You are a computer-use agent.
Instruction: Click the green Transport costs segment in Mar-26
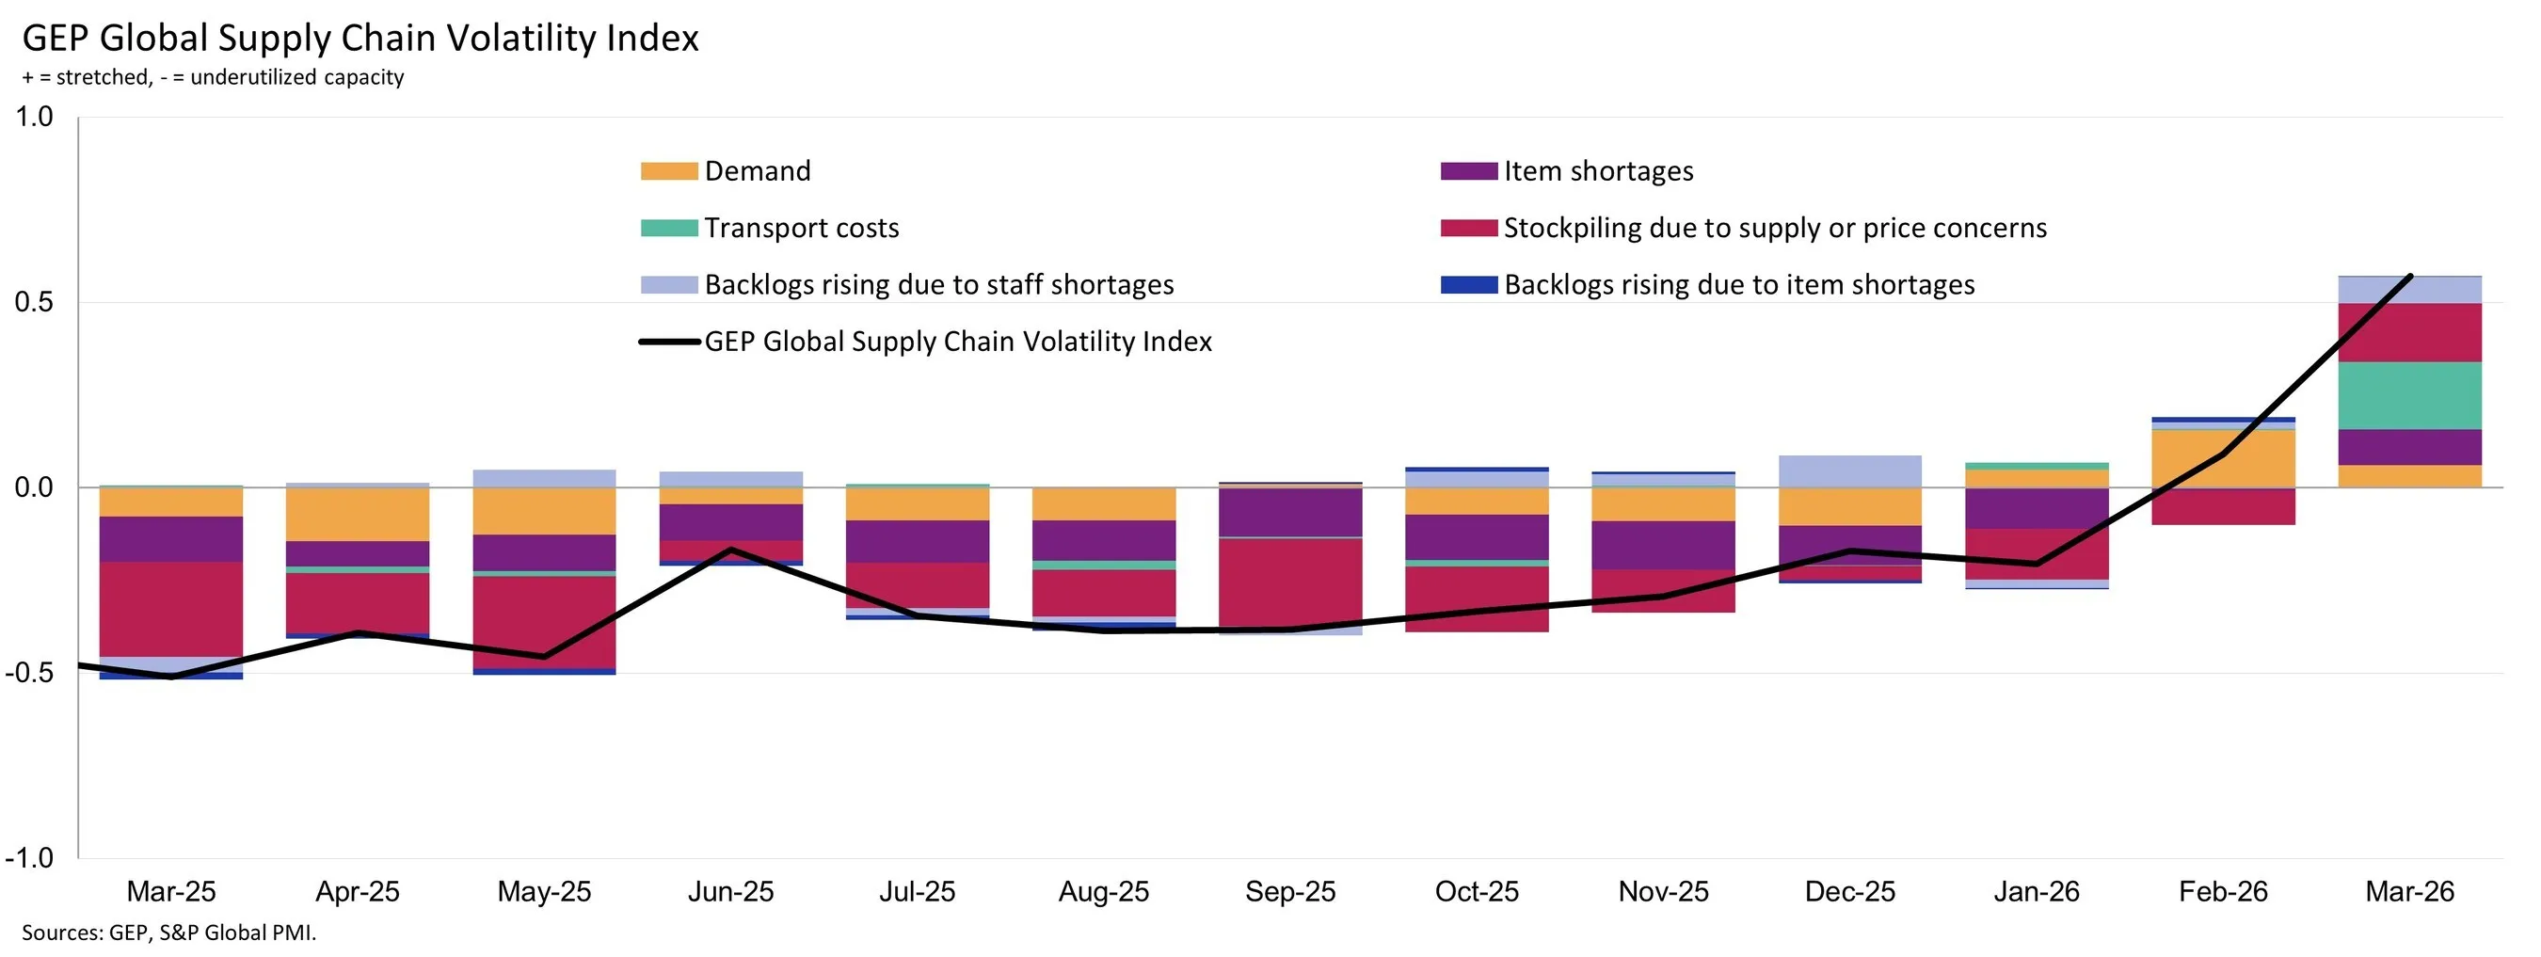2409,395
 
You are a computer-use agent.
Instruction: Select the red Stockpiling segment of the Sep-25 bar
1289,582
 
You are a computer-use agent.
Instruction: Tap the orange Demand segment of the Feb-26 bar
2222,459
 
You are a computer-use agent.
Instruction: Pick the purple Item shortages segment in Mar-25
170,538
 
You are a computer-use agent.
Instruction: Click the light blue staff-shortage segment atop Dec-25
1849,471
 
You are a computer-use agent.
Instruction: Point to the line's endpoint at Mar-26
2410,277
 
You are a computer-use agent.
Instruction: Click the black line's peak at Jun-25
731,550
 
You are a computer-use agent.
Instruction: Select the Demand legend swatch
669,171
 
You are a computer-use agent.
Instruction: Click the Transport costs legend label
801,228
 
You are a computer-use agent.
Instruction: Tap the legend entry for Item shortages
1597,171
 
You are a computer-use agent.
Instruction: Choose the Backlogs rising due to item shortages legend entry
1738,285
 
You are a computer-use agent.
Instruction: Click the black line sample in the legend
669,342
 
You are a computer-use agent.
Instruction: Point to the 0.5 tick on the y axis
34,302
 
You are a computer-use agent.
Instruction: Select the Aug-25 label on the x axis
1103,892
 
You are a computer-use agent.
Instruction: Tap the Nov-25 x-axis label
1662,892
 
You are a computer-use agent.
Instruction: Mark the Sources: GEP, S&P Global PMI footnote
168,933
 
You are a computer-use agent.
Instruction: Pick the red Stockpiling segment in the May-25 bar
544,622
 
